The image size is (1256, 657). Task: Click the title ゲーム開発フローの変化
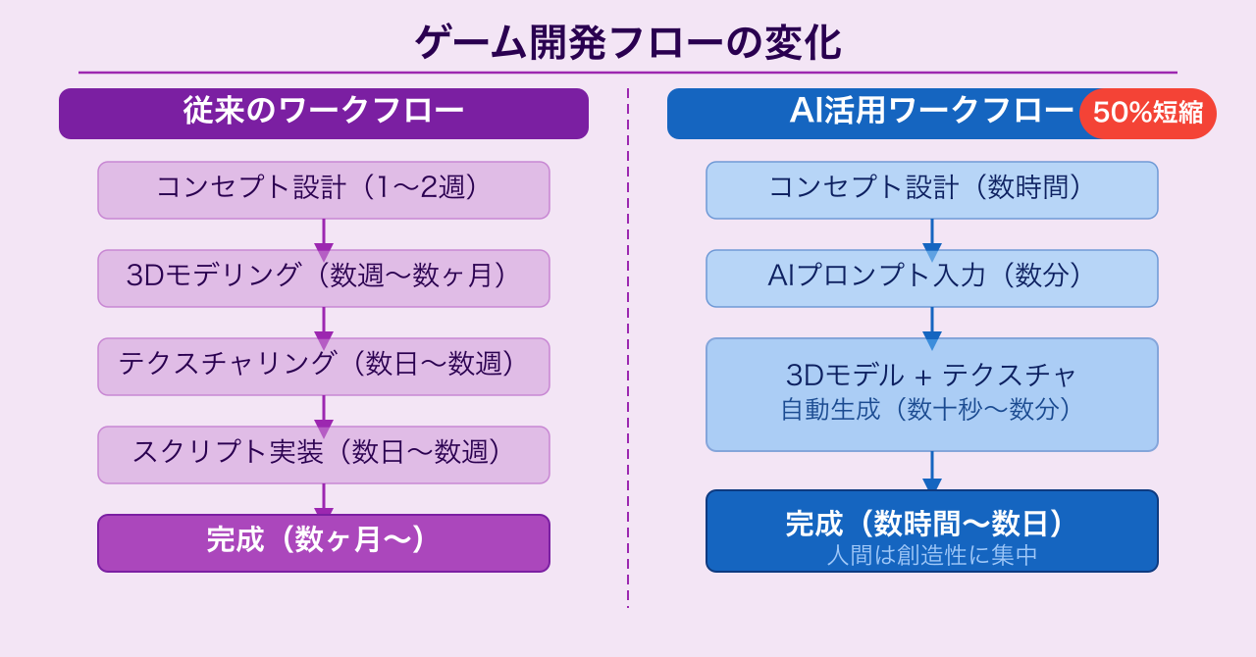click(x=627, y=43)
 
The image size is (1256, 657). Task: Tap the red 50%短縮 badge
click(x=1147, y=114)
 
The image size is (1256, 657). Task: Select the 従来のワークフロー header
click(x=324, y=113)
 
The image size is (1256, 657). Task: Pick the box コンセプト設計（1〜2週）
click(x=324, y=189)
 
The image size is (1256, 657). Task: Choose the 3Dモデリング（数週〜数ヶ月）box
click(x=324, y=278)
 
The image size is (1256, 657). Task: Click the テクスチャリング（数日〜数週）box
click(x=324, y=366)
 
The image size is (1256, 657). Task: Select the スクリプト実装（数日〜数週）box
click(x=324, y=454)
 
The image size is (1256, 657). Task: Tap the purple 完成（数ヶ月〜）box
click(x=324, y=542)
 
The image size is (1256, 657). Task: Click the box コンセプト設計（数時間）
click(x=931, y=189)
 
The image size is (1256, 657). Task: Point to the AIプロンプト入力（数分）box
click(x=931, y=278)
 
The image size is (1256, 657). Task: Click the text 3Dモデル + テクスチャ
click(x=931, y=376)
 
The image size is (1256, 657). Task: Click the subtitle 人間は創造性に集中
click(x=931, y=556)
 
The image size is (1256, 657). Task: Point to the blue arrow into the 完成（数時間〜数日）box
click(x=932, y=472)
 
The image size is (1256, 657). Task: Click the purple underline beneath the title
click(x=627, y=73)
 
